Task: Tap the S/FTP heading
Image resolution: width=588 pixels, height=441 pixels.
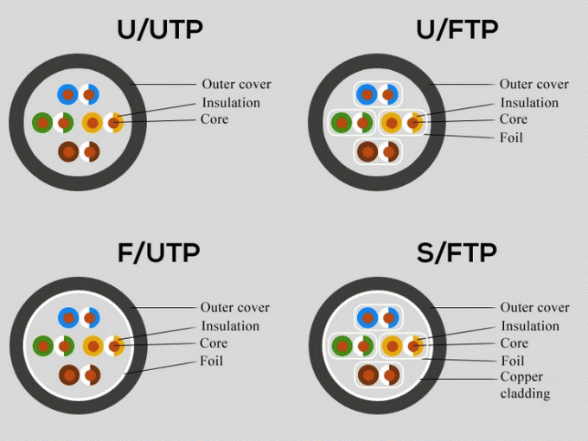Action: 457,252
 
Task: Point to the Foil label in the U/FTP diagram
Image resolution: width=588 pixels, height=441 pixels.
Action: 511,137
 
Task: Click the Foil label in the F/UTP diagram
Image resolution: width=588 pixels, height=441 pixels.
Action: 211,360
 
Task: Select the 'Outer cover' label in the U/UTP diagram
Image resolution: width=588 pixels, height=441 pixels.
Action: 236,84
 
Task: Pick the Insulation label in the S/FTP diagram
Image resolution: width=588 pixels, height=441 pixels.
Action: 529,326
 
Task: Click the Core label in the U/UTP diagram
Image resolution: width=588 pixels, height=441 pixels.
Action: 214,118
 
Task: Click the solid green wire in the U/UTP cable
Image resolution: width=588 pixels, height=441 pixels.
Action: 42,123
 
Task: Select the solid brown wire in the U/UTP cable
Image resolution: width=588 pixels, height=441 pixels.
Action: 67,151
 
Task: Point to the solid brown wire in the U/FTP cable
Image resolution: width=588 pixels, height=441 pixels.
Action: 367,151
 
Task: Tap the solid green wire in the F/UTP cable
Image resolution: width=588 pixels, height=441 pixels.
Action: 42,346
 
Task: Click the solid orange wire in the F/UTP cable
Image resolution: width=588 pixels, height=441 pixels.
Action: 93,346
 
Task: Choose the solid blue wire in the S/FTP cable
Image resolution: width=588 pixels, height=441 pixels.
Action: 367,317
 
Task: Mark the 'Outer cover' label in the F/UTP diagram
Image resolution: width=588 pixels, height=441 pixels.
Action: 234,307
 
